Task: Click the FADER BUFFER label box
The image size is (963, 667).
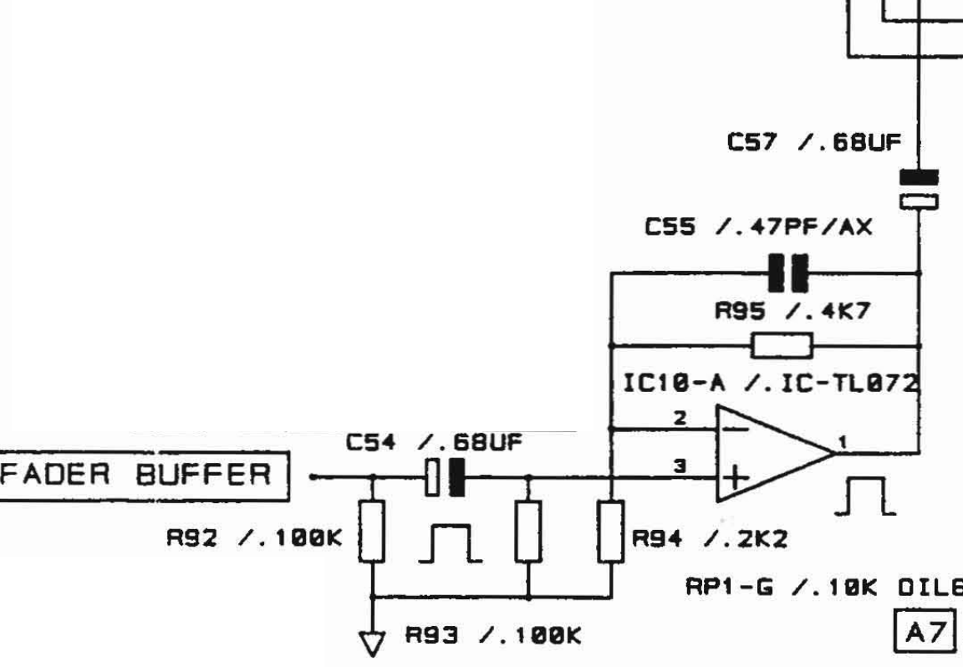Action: (x=144, y=476)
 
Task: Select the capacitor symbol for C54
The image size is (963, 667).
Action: (x=445, y=478)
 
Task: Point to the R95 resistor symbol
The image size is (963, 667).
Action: (x=782, y=344)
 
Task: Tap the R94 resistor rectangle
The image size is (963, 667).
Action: (x=613, y=531)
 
